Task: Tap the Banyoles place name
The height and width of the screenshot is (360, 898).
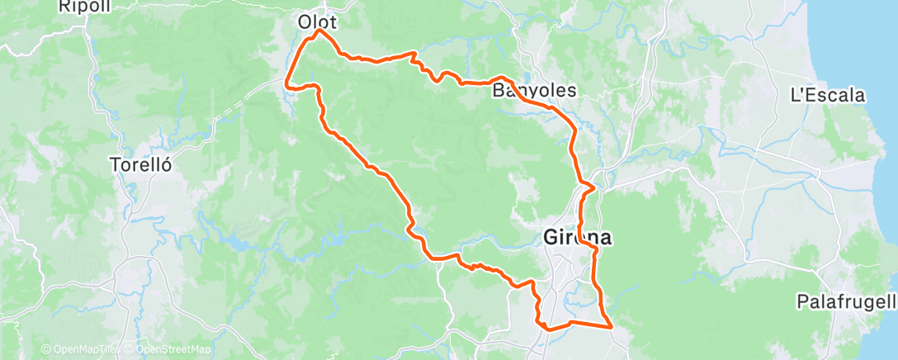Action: click(x=534, y=90)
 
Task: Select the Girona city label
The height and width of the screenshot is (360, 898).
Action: click(x=578, y=238)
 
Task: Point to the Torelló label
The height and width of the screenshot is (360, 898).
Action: click(x=140, y=164)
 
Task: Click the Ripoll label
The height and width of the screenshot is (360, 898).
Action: click(x=80, y=6)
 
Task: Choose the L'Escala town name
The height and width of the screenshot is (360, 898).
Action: click(x=827, y=95)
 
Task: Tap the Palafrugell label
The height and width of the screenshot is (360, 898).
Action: click(x=846, y=301)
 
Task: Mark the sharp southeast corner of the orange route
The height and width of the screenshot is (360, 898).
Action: click(x=611, y=326)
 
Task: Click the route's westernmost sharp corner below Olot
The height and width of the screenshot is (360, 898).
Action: click(x=286, y=84)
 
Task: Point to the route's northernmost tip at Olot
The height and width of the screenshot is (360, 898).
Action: click(x=320, y=31)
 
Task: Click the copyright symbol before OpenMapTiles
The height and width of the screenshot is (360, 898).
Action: click(x=46, y=350)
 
